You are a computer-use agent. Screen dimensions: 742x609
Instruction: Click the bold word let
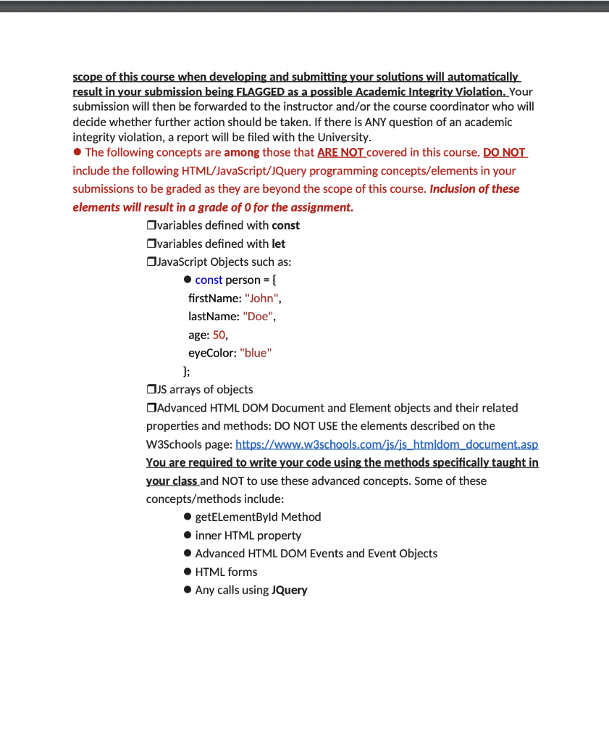(x=278, y=243)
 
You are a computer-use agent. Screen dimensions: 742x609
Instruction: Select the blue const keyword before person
(x=209, y=280)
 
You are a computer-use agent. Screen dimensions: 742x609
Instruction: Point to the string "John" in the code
(x=261, y=298)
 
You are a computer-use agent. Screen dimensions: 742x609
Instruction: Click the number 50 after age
(x=219, y=335)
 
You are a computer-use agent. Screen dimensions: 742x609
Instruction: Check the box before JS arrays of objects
(x=151, y=390)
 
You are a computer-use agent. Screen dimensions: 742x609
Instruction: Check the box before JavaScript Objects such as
(x=151, y=262)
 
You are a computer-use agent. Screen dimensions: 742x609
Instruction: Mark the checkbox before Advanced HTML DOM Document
(x=151, y=408)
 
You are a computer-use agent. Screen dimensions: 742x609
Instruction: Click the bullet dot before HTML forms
(x=188, y=572)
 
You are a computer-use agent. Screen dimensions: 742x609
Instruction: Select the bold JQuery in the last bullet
(x=289, y=590)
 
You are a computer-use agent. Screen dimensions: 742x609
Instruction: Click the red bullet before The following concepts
(x=77, y=152)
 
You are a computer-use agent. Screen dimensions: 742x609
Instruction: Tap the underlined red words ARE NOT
(x=340, y=152)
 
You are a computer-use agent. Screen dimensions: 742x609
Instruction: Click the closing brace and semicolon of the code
(x=187, y=371)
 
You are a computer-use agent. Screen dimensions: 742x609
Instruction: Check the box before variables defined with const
(x=151, y=225)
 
